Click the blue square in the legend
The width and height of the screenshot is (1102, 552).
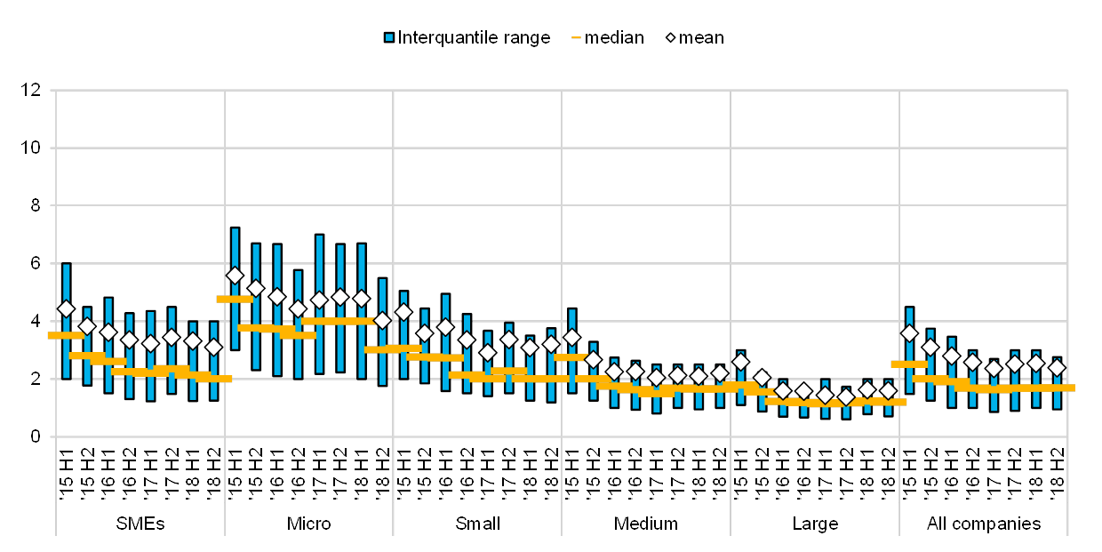click(389, 37)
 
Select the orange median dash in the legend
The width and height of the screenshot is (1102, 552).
click(576, 37)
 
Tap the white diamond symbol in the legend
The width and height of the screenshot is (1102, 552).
click(671, 37)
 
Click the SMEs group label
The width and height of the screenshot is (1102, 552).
click(140, 524)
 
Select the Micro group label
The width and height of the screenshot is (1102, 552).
click(308, 524)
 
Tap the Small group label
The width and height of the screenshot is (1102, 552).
click(476, 524)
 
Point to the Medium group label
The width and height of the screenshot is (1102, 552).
click(645, 524)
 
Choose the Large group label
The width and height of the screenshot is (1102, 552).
click(814, 524)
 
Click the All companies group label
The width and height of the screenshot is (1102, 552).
click(983, 524)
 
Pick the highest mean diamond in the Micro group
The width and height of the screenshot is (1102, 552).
click(235, 276)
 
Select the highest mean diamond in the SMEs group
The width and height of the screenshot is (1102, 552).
click(66, 308)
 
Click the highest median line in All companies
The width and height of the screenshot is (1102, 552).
click(909, 364)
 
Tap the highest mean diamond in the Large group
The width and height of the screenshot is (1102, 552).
click(740, 362)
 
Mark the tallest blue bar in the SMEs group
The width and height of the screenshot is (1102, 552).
click(66, 321)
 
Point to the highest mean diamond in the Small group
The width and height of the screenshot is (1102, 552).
click(403, 312)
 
